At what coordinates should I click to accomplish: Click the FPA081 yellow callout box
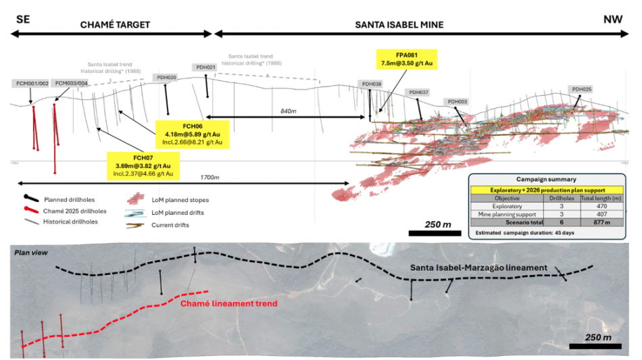tap(408, 59)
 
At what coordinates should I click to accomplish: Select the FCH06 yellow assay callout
tap(193, 134)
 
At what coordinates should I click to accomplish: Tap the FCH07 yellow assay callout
tap(144, 165)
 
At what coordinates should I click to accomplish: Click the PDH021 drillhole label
tap(205, 67)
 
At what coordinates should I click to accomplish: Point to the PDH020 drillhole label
tap(166, 78)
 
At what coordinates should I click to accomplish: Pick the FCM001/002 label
tap(30, 83)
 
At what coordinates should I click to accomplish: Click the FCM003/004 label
tap(71, 83)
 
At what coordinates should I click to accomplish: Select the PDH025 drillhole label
tap(581, 89)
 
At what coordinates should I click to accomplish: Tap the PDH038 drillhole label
tap(372, 84)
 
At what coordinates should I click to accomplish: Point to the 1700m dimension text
tap(210, 177)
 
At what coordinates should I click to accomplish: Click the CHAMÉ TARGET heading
tap(115, 24)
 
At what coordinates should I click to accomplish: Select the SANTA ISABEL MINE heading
tap(399, 24)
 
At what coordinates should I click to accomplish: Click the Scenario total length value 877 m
tap(598, 221)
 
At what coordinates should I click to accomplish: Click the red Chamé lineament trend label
tap(229, 303)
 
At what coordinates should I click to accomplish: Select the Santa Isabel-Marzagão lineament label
tap(478, 268)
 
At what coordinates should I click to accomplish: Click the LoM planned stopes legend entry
tap(179, 200)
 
